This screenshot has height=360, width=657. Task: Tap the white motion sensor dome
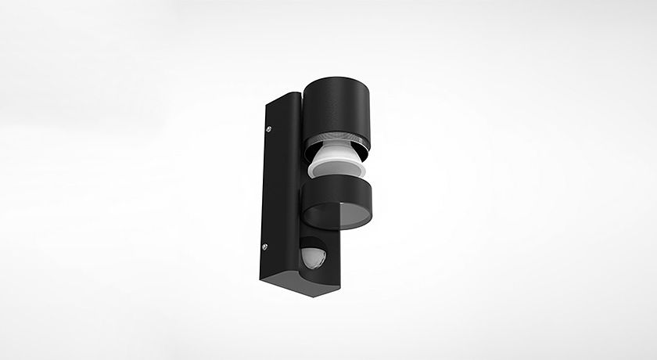tap(312, 256)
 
